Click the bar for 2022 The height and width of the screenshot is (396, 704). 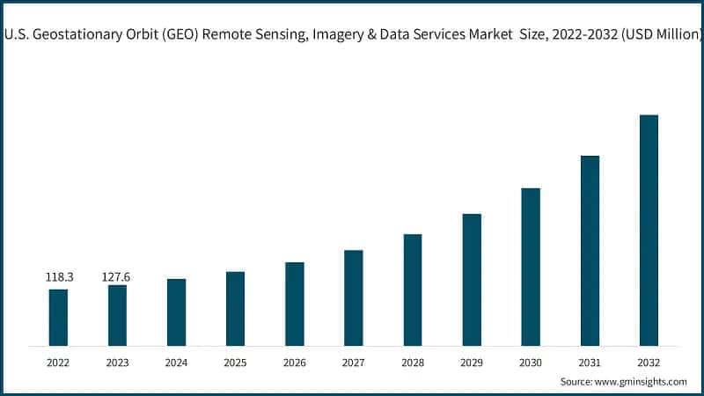[58, 317]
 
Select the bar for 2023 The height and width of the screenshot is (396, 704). [117, 315]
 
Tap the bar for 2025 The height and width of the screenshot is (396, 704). [235, 308]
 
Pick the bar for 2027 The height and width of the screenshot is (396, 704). [354, 297]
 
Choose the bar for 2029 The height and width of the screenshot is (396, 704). [472, 279]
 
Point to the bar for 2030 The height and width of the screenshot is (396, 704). [531, 266]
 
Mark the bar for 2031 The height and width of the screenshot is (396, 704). [590, 250]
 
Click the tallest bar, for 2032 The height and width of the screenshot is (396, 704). [649, 230]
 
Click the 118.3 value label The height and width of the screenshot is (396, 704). [59, 277]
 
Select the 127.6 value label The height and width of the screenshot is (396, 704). [118, 277]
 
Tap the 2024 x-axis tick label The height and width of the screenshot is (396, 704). [176, 363]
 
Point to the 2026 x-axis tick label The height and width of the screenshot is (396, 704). [295, 363]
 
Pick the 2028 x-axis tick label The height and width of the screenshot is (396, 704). [413, 363]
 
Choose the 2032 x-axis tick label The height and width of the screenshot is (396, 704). [649, 363]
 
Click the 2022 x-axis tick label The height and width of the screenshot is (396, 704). [58, 363]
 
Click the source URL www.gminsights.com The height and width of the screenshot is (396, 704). [642, 382]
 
